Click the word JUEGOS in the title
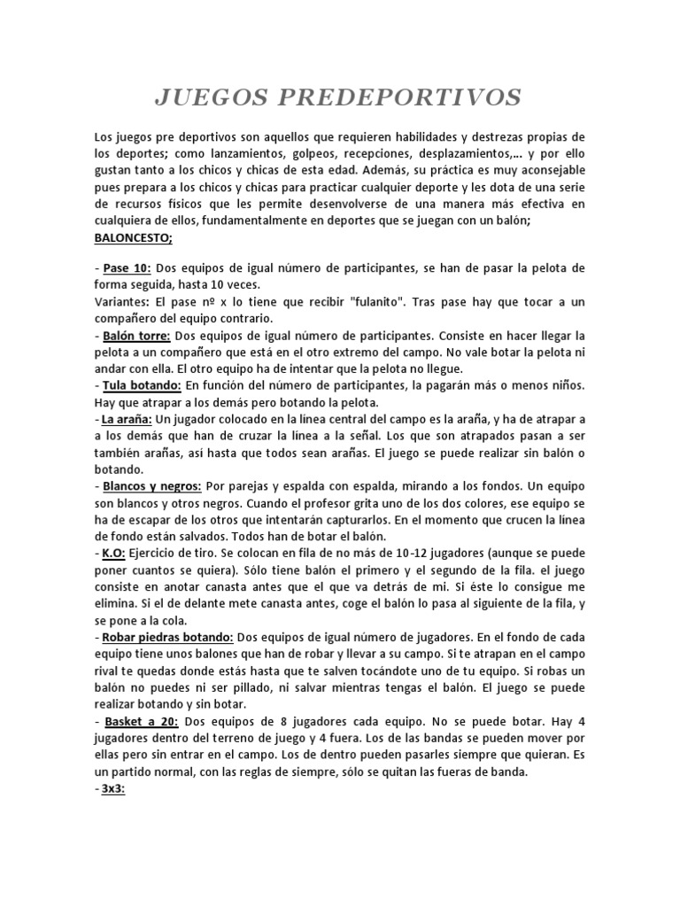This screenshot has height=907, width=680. (211, 97)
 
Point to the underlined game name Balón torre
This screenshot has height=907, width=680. (135, 337)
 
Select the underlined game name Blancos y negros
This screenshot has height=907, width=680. (151, 486)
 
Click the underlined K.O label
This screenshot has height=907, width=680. (112, 552)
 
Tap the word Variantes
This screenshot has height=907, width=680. (122, 301)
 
